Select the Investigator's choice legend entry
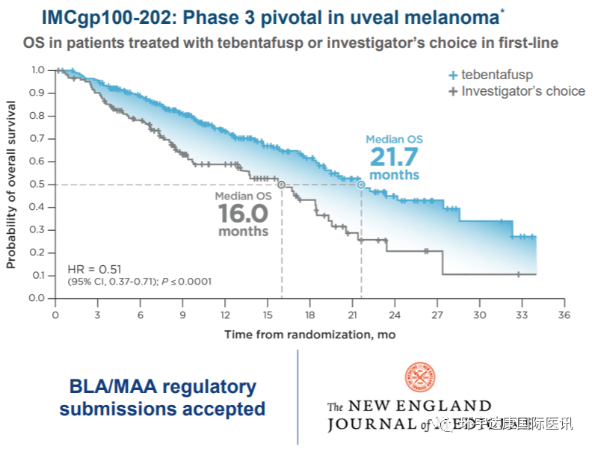[516, 91]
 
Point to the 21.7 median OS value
[393, 157]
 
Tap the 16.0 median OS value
[243, 214]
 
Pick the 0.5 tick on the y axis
[38, 184]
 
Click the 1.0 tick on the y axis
[38, 69]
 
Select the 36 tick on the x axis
[564, 314]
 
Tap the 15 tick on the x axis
[268, 314]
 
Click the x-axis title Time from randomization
[309, 334]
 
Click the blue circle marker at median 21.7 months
[361, 184]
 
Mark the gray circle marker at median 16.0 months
[281, 184]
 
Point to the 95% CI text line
[139, 282]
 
